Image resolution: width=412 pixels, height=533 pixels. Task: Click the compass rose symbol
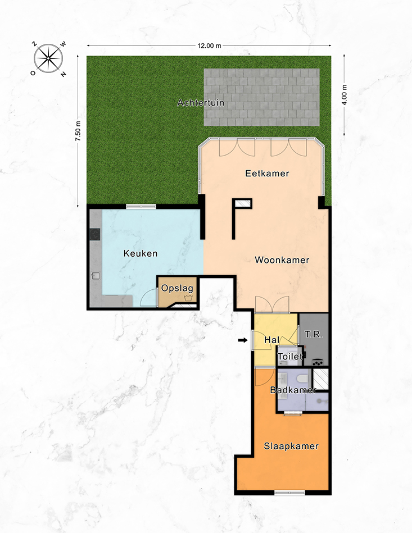click(48, 58)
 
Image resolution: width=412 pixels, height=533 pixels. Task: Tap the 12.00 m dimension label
click(209, 45)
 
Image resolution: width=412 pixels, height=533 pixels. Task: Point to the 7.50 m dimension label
click(79, 131)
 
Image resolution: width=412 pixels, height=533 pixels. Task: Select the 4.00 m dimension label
click(345, 95)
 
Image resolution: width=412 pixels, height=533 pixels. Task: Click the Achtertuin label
click(201, 103)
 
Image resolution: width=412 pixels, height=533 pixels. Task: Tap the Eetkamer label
click(267, 174)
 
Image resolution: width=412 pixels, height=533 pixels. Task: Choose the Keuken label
click(141, 253)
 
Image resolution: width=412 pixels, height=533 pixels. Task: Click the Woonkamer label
click(282, 260)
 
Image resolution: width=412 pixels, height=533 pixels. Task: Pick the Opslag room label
click(177, 289)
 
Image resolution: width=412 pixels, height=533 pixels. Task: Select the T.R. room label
click(314, 335)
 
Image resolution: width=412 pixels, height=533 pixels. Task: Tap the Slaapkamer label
click(291, 446)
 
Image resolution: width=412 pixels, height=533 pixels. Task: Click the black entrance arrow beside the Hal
click(243, 340)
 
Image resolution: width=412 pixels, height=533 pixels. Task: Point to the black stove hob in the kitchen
click(95, 235)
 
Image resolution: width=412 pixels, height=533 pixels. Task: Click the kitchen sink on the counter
click(96, 275)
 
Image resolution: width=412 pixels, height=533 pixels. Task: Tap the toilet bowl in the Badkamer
click(302, 379)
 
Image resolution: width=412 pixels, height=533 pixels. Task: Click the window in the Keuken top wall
click(141, 206)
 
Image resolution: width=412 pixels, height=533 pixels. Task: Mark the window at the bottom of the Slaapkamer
click(290, 492)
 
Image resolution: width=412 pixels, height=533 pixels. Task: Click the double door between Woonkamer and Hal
click(272, 304)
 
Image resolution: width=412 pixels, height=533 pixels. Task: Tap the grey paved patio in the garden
click(261, 98)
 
